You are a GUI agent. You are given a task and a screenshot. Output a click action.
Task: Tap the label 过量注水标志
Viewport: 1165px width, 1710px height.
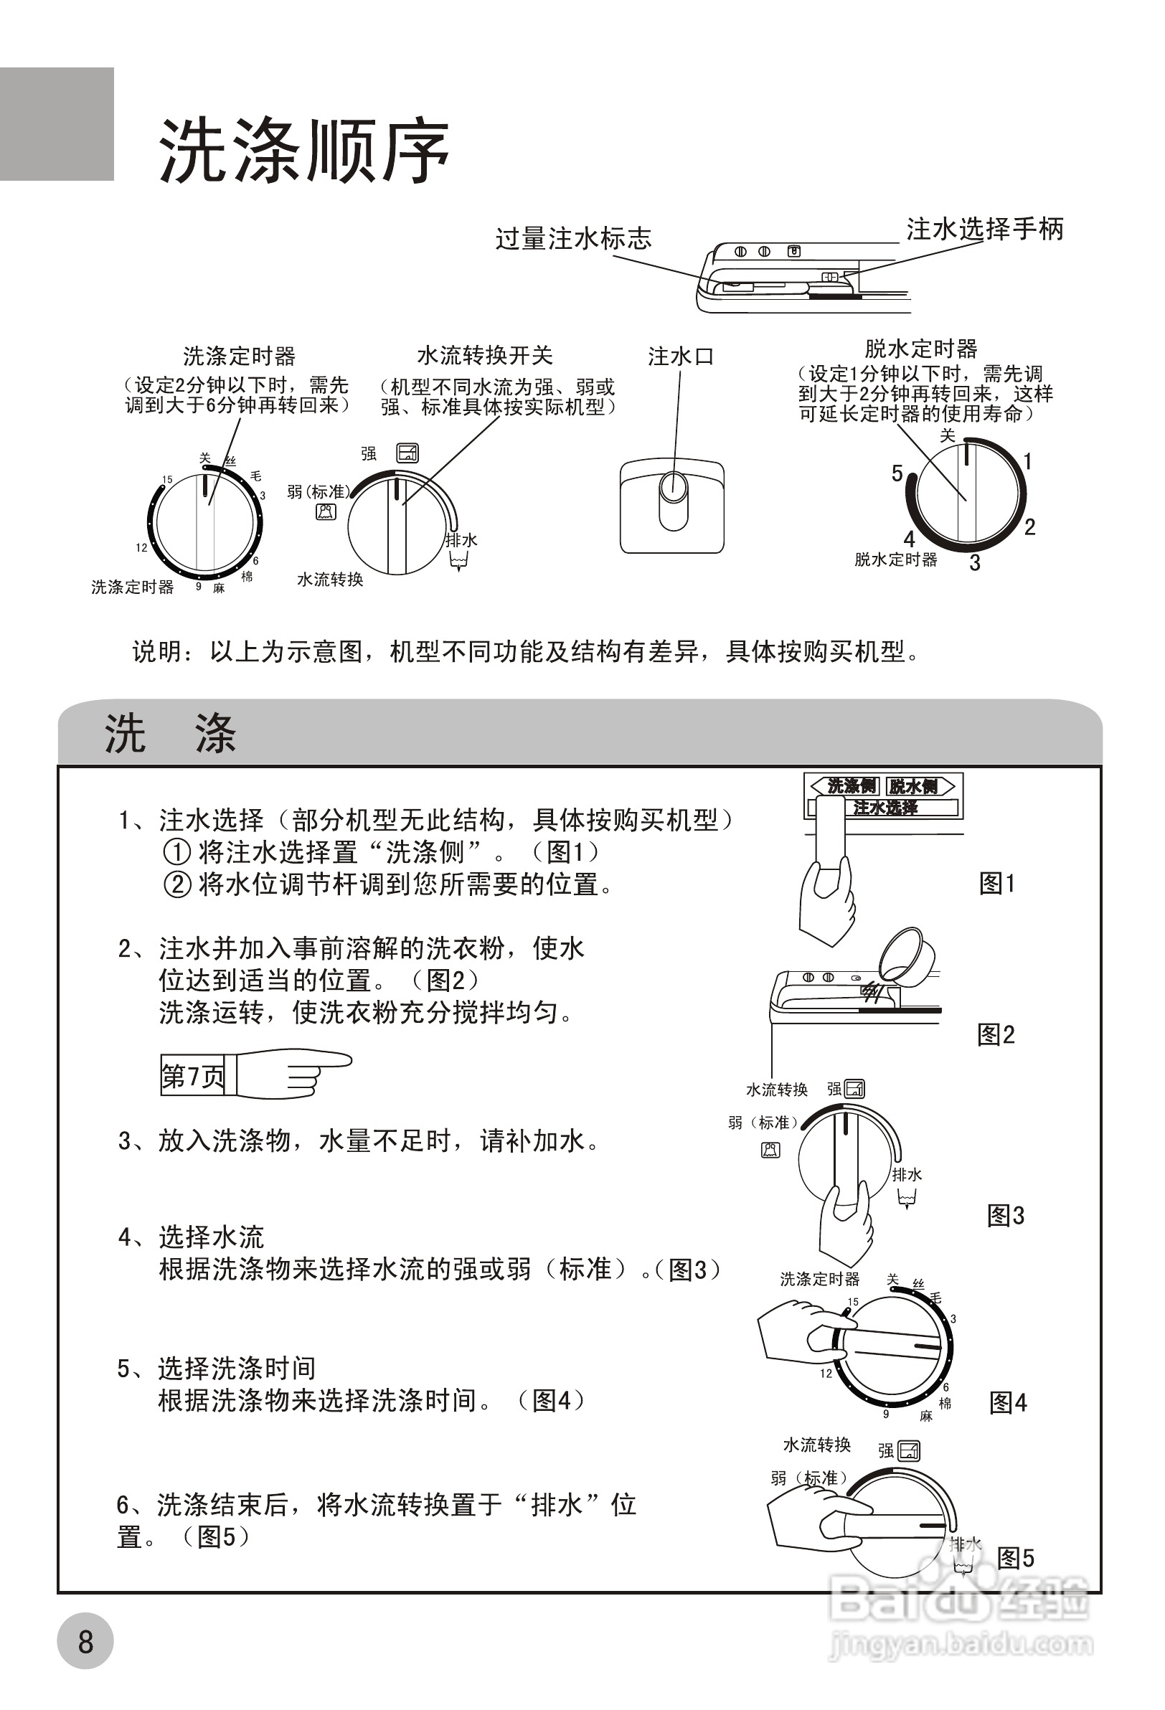pyautogui.click(x=573, y=238)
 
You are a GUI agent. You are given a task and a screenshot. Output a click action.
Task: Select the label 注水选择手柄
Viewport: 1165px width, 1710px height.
pyautogui.click(x=985, y=229)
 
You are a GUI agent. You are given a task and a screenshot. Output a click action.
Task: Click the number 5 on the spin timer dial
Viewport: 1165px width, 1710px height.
pyautogui.click(x=897, y=473)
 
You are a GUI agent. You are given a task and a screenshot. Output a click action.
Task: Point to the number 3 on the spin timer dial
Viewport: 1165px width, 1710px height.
pyautogui.click(x=974, y=563)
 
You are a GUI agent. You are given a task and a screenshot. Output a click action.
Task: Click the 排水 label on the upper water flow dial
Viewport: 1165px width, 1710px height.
pyautogui.click(x=461, y=539)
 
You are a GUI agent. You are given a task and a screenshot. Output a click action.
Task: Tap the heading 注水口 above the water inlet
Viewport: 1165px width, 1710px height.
pyautogui.click(x=680, y=357)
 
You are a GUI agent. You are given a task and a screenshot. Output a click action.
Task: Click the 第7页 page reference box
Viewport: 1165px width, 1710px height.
pyautogui.click(x=193, y=1077)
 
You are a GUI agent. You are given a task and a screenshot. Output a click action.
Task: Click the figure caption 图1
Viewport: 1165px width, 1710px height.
pyautogui.click(x=997, y=883)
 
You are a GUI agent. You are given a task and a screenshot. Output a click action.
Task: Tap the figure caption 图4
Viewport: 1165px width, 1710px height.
pyautogui.click(x=1007, y=1402)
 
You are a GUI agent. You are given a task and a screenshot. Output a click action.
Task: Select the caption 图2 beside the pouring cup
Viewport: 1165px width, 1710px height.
pyautogui.click(x=996, y=1034)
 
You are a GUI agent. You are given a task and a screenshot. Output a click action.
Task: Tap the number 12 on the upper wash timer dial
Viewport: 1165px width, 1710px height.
pyautogui.click(x=141, y=547)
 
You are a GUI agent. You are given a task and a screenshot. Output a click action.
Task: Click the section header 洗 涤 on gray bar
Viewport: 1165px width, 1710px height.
pyautogui.click(x=170, y=734)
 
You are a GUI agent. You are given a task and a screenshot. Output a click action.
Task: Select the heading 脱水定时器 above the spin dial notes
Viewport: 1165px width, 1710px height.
pyautogui.click(x=920, y=348)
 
